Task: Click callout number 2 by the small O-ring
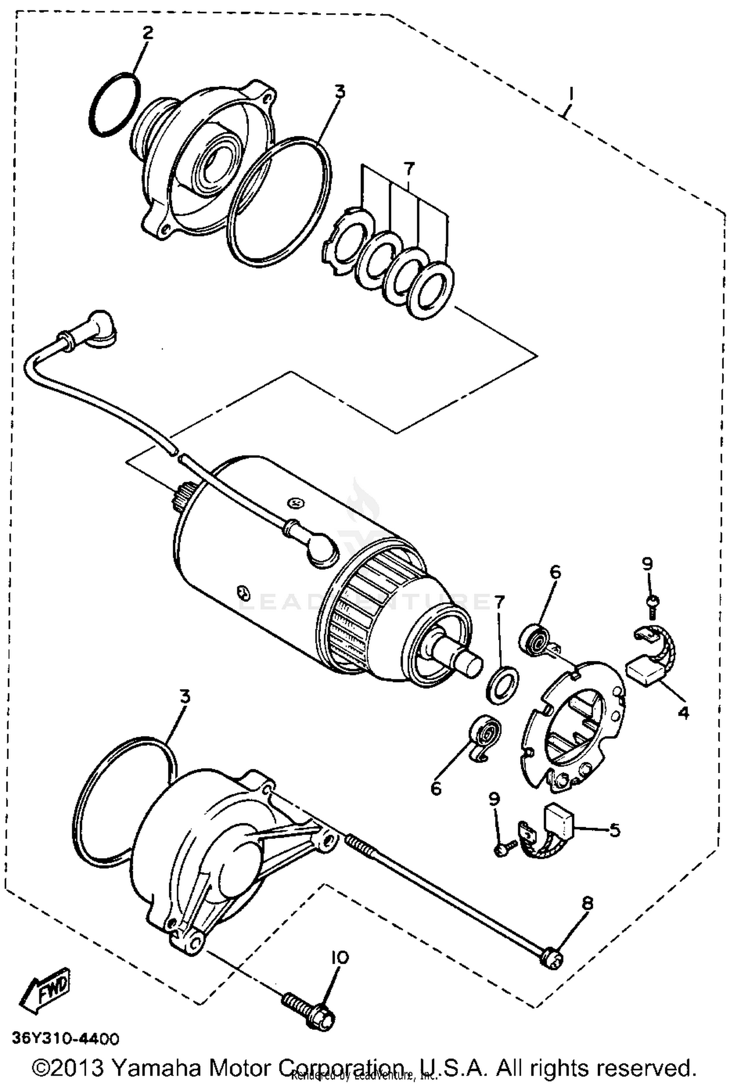(147, 33)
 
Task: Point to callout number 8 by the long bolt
(587, 904)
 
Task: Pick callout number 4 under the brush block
(683, 713)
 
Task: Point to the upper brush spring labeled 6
(535, 638)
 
